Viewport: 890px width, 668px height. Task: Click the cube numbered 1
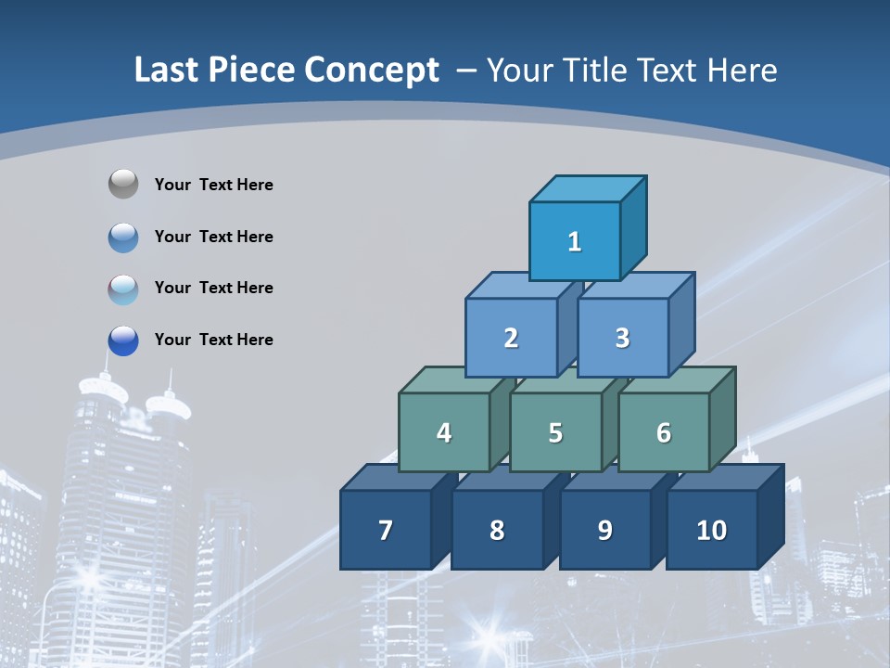[x=575, y=241]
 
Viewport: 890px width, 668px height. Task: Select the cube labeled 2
[x=511, y=338]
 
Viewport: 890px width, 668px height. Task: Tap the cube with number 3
[x=622, y=338]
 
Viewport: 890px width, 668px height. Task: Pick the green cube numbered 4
[x=444, y=432]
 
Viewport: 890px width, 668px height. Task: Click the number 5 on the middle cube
[x=555, y=432]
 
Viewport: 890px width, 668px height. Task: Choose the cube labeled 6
[x=664, y=432]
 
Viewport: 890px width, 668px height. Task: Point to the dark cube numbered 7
[x=386, y=530]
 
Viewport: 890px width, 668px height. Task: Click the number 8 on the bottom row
[x=497, y=530]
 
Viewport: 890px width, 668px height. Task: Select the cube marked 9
[x=604, y=530]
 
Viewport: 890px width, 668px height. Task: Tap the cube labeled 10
[x=711, y=530]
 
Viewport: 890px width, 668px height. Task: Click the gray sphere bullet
[x=123, y=185]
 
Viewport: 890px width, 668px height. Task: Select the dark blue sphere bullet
[x=123, y=340]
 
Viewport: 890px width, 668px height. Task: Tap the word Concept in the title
[x=371, y=71]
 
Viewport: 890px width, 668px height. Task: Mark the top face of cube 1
[x=588, y=189]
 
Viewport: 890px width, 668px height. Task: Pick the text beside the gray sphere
[x=214, y=185]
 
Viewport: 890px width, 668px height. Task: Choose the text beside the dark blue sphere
[x=214, y=340]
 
